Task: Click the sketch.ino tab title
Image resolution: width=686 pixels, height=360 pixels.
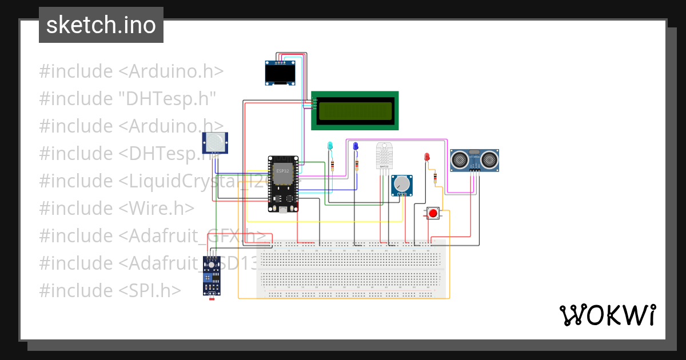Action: click(101, 25)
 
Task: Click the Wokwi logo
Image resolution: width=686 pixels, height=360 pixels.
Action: click(607, 315)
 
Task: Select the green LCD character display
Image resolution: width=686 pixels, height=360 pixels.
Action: click(354, 110)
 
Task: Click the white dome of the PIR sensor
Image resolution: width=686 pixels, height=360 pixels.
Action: click(215, 141)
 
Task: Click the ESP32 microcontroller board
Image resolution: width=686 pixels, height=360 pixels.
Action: click(283, 183)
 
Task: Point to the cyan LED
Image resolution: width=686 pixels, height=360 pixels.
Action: click(329, 146)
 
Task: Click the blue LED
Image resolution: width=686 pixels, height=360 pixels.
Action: click(356, 146)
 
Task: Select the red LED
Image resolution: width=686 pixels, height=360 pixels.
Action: click(426, 157)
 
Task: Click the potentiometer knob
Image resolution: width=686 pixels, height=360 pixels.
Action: click(401, 184)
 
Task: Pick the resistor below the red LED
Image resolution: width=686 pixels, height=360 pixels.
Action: click(437, 179)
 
